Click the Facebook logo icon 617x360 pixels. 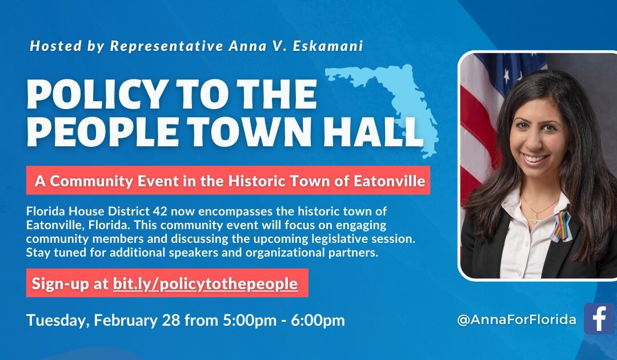tap(599, 318)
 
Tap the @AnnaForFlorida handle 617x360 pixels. tap(516, 319)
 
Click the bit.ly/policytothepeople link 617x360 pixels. tap(205, 283)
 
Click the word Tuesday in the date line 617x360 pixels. tap(54, 320)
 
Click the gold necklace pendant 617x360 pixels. tap(535, 218)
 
